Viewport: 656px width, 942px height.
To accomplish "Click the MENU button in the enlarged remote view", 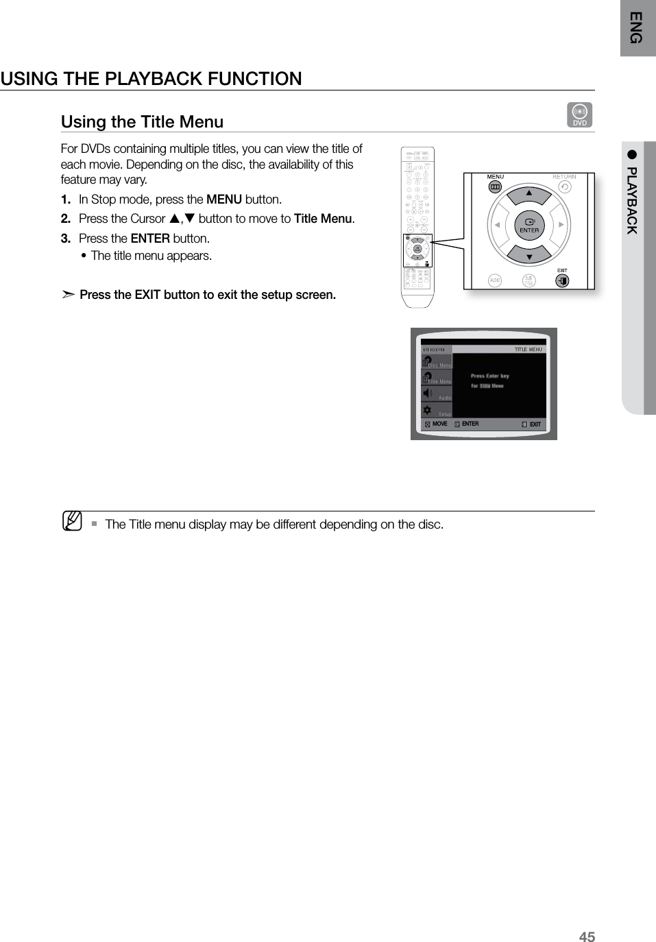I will [494, 187].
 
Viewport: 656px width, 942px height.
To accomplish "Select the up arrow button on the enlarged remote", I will [529, 194].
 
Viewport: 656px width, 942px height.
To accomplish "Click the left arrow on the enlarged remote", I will [495, 225].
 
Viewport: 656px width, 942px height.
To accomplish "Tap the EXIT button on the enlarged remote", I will [562, 280].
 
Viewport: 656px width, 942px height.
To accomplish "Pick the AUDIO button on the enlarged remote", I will [495, 280].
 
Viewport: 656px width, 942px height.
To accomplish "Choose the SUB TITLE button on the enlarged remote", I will [529, 280].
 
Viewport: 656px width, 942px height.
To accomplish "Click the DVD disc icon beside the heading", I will [580, 114].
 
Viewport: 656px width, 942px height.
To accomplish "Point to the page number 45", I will [587, 937].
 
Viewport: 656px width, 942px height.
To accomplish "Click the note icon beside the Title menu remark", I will [71, 522].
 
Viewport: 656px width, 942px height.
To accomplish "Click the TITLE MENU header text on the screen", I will [528, 350].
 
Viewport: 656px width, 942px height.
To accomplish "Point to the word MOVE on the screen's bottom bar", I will [439, 424].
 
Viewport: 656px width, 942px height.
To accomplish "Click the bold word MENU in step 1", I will [223, 200].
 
